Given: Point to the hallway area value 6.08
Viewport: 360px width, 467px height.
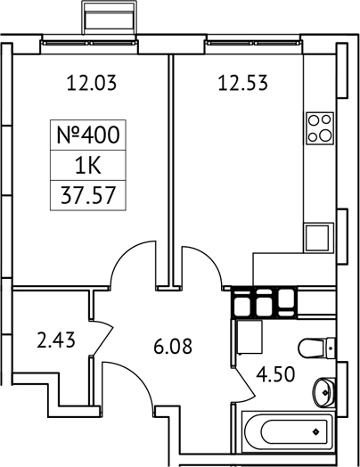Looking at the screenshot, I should click(x=172, y=346).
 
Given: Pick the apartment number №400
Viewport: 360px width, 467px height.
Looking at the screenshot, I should click(x=86, y=136).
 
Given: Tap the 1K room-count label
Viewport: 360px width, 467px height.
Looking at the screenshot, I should click(x=86, y=165).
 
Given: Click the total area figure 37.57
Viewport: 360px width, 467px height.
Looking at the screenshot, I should click(x=86, y=193).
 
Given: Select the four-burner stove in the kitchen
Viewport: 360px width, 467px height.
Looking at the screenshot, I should click(x=319, y=127).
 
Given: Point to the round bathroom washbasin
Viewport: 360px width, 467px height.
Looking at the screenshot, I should click(x=325, y=388).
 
